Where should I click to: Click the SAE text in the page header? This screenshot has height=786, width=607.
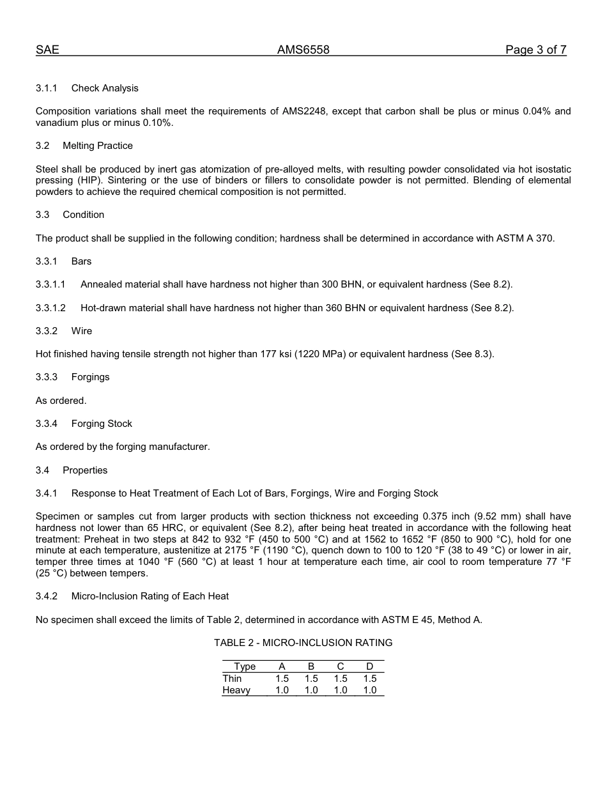click(x=47, y=50)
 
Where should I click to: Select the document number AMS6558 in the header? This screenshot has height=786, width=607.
click(x=303, y=50)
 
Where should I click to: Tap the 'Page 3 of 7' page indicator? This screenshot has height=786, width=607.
click(x=535, y=50)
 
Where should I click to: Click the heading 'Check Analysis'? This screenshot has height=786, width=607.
click(x=105, y=88)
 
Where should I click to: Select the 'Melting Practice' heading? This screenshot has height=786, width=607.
click(x=98, y=146)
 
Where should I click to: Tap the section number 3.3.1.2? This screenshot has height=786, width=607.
click(x=50, y=308)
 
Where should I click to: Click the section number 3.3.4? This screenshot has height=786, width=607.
click(x=47, y=424)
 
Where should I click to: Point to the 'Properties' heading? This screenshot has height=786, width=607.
click(x=85, y=470)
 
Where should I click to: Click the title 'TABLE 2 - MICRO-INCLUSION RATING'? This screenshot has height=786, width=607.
click(x=303, y=643)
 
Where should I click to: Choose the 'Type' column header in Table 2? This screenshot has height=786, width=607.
click(x=245, y=667)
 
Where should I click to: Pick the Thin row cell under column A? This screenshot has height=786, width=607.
click(x=282, y=679)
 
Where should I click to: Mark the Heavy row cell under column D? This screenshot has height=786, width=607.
click(x=370, y=690)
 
